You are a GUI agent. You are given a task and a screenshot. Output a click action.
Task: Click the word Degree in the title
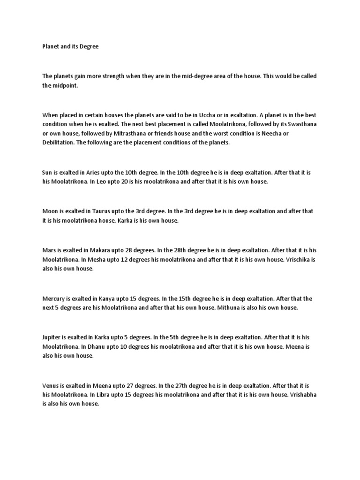88,47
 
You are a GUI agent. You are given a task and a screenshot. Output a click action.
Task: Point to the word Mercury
54,298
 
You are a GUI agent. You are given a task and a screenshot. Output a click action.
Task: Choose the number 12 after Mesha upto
120,259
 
